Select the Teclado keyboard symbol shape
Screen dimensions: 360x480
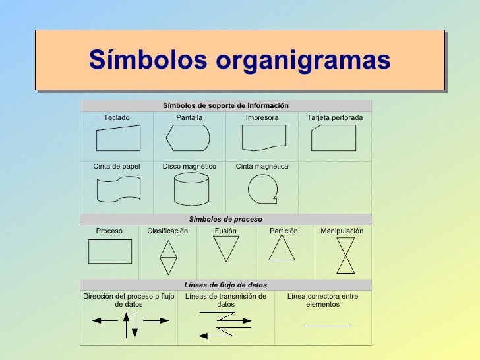118,138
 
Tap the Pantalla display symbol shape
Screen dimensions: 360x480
188,138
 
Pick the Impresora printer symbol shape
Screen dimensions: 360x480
264,138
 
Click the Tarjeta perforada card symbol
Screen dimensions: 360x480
334,138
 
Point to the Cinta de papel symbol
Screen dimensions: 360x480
118,189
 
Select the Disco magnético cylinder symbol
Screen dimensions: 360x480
191,190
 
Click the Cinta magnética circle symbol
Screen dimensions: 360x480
262,189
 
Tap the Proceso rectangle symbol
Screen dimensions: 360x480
110,251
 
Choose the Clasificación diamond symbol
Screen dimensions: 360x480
169,256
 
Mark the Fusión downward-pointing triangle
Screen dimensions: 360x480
225,249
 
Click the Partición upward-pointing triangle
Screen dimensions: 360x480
282,248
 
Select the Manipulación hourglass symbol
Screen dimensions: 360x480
345,255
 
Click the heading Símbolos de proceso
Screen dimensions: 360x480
225,219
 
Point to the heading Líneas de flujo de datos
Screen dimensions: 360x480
225,285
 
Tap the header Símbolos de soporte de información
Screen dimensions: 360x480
225,105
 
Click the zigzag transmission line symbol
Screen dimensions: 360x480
225,324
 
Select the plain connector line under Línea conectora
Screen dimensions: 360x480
326,325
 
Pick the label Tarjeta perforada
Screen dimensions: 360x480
335,117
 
